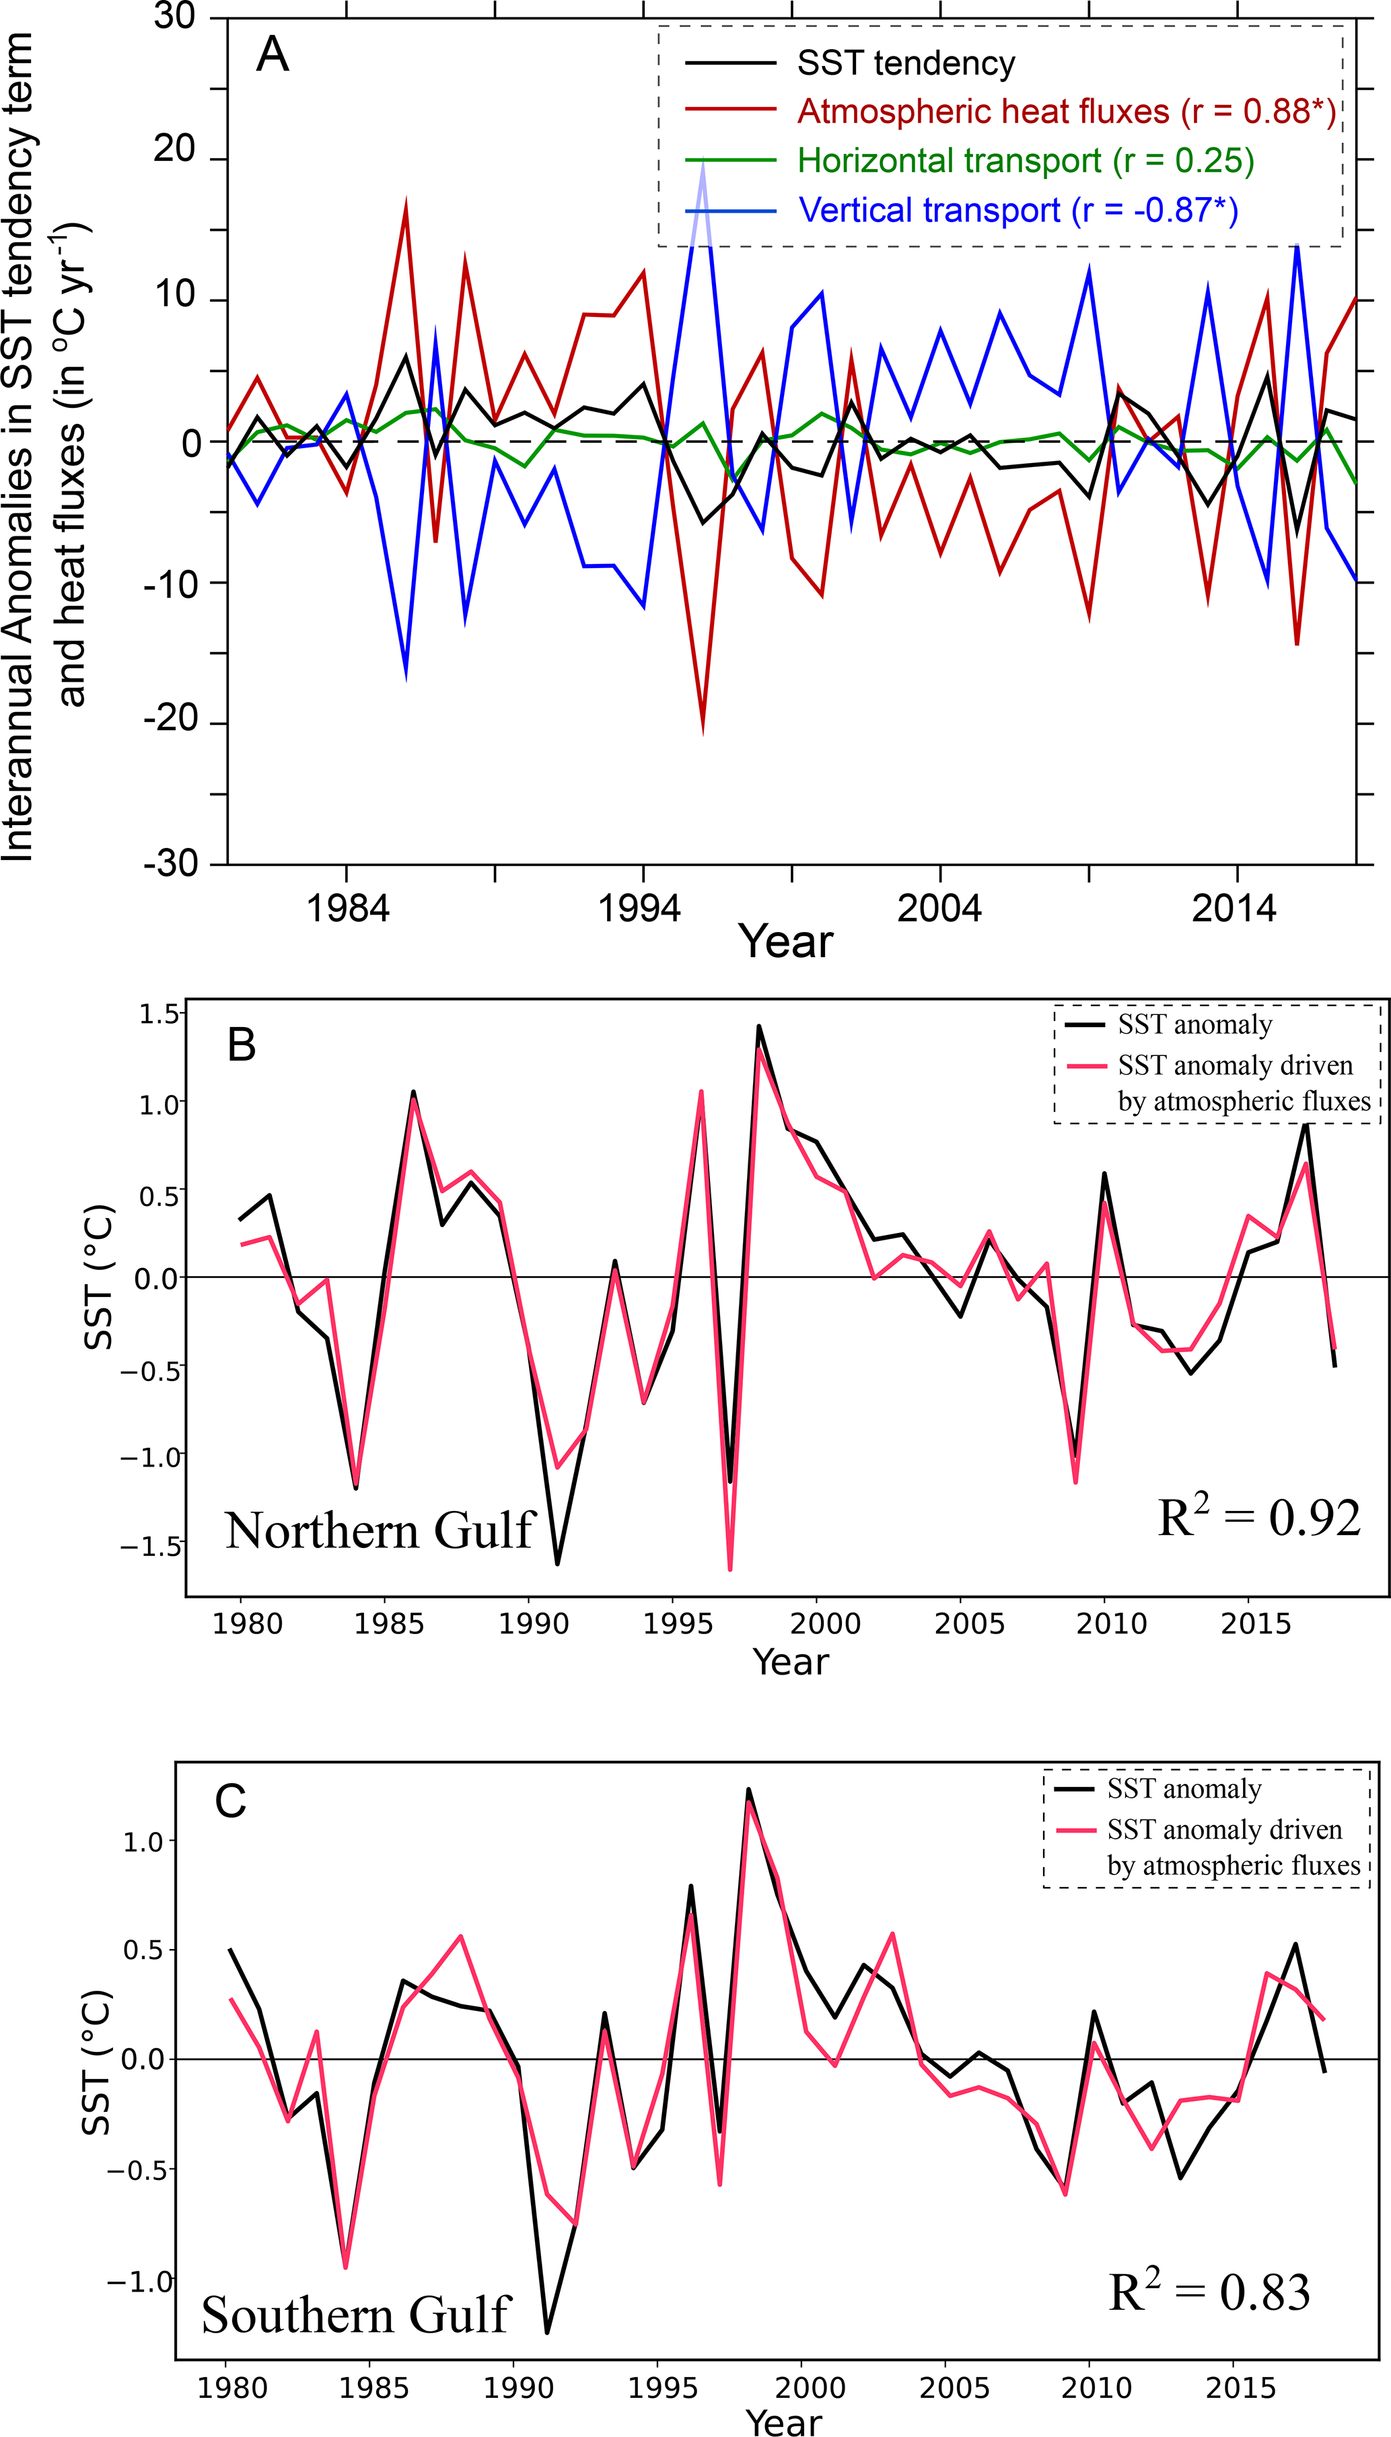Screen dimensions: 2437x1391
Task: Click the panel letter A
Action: [x=273, y=55]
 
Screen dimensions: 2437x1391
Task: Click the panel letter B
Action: [x=242, y=1045]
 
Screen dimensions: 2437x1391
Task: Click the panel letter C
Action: [x=230, y=1802]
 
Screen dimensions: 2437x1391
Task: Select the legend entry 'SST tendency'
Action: [x=906, y=63]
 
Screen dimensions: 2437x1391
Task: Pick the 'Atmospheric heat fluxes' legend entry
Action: [x=1066, y=112]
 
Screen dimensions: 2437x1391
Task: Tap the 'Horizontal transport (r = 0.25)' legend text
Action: [x=1025, y=160]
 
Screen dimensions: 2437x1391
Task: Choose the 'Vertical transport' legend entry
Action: [x=1018, y=210]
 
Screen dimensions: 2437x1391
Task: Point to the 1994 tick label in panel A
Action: [x=639, y=907]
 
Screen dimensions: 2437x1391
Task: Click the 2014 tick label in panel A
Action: [x=1234, y=907]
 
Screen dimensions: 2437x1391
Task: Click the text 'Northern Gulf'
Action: [x=380, y=1530]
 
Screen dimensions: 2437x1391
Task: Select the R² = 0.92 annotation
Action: [x=1258, y=1517]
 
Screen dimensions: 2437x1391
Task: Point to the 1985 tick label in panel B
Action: [x=389, y=1623]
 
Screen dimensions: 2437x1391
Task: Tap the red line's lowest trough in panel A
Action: [x=703, y=728]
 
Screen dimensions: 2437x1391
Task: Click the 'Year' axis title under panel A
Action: [x=785, y=942]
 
